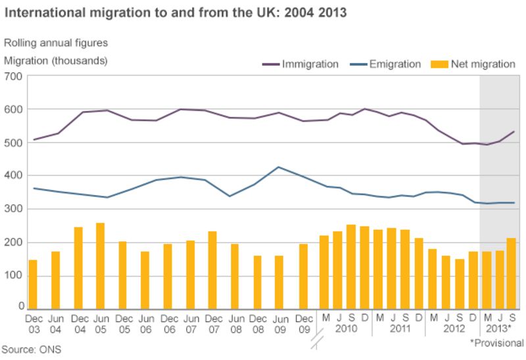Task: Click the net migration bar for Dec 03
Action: (x=33, y=284)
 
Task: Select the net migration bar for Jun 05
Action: (x=101, y=265)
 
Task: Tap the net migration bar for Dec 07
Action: (x=212, y=269)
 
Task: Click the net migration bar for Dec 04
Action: (x=78, y=267)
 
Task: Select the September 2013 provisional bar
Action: (x=512, y=273)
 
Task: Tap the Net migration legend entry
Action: (x=473, y=64)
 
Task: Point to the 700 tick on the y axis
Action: (x=14, y=76)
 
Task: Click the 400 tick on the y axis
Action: (x=14, y=176)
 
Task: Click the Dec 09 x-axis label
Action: (x=302, y=323)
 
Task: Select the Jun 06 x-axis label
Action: (x=145, y=323)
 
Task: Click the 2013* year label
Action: (x=499, y=328)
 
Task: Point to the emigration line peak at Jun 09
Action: (x=279, y=167)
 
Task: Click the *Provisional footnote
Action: (x=496, y=343)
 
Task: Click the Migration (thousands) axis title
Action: (x=56, y=60)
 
